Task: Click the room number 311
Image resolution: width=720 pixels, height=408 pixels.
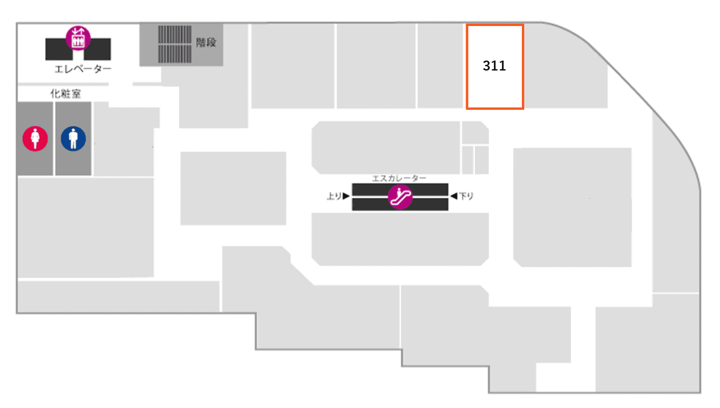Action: click(494, 66)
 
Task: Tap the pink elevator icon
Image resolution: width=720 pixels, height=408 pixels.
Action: click(78, 38)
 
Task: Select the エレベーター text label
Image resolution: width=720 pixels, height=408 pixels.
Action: click(82, 69)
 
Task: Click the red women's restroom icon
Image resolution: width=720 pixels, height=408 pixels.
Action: click(35, 139)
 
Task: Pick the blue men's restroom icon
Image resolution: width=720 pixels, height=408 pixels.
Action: click(73, 139)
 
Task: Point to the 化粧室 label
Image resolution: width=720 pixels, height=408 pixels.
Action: click(65, 94)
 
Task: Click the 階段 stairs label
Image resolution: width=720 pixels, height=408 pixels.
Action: click(206, 43)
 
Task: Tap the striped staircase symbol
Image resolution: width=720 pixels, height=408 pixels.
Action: click(174, 44)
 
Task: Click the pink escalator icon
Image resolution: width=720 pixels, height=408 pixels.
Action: click(400, 196)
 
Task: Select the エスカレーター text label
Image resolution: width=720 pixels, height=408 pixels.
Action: click(399, 178)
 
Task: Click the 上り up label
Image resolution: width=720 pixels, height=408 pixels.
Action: click(333, 196)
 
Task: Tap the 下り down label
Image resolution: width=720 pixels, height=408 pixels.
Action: click(466, 196)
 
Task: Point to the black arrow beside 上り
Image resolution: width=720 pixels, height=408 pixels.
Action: click(346, 196)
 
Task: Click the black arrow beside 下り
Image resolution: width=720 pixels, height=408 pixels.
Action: click(454, 196)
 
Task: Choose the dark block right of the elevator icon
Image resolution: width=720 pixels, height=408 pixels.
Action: click(98, 50)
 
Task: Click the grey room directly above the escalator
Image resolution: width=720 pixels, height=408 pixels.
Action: click(385, 148)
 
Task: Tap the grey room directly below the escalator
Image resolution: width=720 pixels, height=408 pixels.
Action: click(400, 239)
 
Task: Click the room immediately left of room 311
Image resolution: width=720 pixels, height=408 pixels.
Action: click(440, 66)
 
